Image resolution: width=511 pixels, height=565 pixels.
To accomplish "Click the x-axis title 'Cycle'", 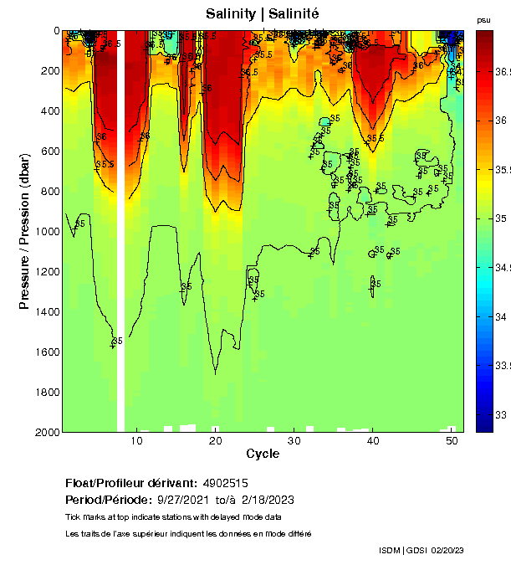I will click(263, 454).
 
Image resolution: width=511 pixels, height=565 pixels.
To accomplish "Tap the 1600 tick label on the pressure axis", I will click(47, 352).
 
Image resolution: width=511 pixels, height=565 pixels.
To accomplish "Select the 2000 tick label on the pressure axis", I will click(47, 432).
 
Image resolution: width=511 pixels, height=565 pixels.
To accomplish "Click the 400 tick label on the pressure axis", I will click(50, 110).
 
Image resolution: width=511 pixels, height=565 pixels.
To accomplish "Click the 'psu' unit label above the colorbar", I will click(483, 19).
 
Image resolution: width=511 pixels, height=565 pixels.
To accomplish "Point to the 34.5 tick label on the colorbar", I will click(503, 268).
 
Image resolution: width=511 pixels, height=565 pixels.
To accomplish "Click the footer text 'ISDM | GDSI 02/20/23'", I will click(422, 550).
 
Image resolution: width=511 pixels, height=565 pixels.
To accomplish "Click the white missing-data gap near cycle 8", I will click(120, 251).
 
